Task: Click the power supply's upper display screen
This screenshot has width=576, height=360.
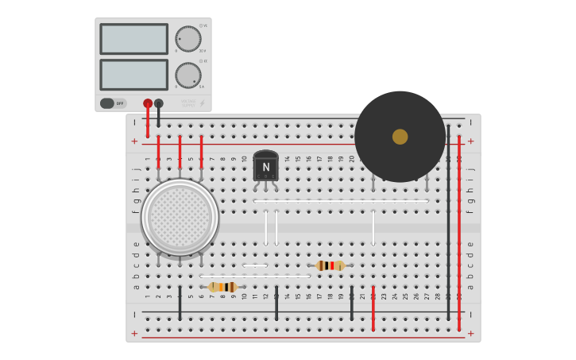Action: (x=133, y=39)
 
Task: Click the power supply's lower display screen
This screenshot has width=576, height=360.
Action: (x=133, y=75)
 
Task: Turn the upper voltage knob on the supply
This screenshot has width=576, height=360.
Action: (x=188, y=39)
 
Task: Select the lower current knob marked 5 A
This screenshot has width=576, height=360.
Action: (x=188, y=75)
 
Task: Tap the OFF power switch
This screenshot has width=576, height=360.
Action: (x=113, y=103)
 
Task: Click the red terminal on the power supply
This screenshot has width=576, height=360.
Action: (x=148, y=103)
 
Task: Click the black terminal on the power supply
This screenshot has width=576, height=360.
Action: (x=159, y=103)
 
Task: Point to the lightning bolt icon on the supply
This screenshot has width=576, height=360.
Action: (x=202, y=103)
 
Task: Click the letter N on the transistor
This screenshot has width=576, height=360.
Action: (x=265, y=167)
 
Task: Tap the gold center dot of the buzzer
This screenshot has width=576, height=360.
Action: (x=400, y=137)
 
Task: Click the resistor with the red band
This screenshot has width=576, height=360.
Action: (x=330, y=265)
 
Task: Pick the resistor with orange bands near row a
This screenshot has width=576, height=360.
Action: (x=222, y=287)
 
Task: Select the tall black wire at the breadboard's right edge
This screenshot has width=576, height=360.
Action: (x=448, y=223)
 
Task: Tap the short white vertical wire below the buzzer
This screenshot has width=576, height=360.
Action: (x=373, y=227)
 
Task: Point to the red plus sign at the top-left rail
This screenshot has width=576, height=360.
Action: (x=134, y=141)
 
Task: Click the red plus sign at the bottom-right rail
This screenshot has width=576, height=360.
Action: (x=470, y=334)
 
